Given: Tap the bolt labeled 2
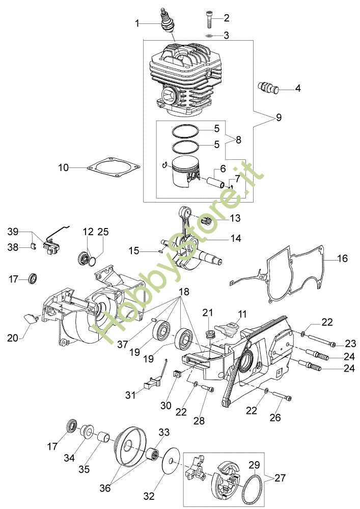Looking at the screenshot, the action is [209, 19].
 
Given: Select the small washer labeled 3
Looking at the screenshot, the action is [209, 35].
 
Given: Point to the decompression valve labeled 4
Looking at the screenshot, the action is [268, 88].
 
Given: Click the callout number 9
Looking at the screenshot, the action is [279, 117].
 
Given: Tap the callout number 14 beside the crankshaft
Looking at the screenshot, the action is [235, 238].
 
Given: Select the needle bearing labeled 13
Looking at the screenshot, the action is [206, 221].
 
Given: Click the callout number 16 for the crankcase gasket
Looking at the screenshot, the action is [342, 259].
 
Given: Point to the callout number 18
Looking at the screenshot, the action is [184, 292].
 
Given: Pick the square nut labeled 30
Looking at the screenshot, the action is [176, 374].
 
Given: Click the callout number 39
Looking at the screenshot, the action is [13, 232].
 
